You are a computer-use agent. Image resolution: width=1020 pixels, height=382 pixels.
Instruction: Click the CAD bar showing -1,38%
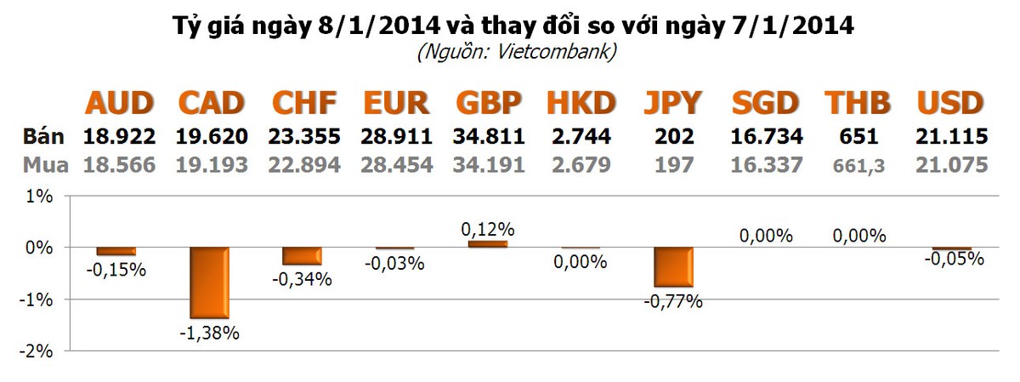[208, 282]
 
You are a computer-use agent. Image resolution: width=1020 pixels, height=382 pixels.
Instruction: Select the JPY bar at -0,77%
[673, 267]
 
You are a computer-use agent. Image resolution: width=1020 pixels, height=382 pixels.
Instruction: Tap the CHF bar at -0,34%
[302, 256]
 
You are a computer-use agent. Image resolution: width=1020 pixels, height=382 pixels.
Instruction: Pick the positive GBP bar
[487, 243]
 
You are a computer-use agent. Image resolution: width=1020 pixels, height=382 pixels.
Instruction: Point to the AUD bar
[116, 251]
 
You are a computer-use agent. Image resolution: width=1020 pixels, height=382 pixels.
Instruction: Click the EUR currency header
[395, 104]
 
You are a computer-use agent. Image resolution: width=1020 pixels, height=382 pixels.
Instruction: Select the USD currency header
[950, 104]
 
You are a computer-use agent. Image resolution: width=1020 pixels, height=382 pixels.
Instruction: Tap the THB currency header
[858, 104]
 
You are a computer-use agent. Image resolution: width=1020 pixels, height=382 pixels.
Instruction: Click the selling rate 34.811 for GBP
[488, 136]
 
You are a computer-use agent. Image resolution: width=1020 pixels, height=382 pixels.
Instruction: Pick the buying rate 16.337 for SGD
[766, 164]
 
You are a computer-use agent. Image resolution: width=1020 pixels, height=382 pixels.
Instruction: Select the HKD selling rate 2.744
[581, 136]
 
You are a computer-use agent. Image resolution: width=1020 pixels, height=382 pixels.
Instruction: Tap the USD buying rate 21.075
[951, 164]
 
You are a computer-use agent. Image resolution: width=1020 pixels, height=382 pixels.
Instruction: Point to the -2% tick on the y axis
[37, 351]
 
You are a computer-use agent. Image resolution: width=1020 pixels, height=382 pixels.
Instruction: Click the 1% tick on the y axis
[41, 197]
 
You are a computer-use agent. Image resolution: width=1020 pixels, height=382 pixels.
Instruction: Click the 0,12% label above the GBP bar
[488, 229]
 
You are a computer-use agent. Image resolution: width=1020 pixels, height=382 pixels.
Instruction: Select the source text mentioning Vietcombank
[517, 52]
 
